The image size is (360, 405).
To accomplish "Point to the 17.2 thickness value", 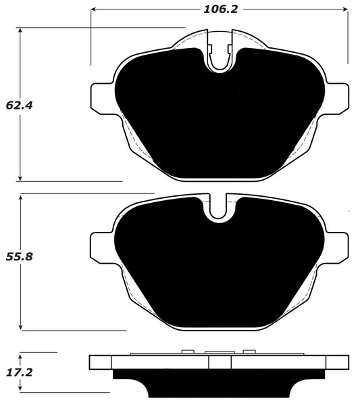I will (16, 372).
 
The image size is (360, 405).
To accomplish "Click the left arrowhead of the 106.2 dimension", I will (95, 9).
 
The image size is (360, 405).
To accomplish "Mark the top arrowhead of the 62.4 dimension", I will (21, 31).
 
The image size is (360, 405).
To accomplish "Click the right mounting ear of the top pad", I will (338, 98).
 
